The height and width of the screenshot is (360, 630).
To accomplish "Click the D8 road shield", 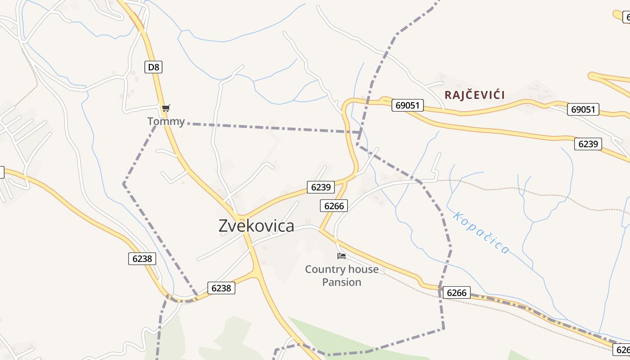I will click(153, 67).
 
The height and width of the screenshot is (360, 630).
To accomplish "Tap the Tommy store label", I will click(166, 121).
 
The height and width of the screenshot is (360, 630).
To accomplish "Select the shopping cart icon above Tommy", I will click(166, 108).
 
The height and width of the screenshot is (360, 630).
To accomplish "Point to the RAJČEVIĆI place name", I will click(475, 95).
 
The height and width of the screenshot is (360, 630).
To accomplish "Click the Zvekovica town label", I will click(256, 226).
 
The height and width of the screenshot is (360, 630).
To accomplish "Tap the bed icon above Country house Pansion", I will click(342, 256).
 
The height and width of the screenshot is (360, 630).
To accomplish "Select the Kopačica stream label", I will click(481, 233).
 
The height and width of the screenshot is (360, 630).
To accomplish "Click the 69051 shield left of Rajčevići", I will click(408, 105).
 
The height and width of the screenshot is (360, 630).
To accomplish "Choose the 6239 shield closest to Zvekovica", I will click(321, 187).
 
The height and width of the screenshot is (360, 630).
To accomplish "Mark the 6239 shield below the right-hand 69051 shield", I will click(588, 144).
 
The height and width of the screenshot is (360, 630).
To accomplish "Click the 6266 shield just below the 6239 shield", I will click(334, 206).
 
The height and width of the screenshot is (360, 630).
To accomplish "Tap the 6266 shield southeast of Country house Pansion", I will click(456, 293).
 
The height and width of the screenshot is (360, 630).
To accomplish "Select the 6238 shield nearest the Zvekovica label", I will click(221, 288).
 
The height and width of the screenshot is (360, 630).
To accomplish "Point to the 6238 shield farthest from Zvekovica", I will click(142, 259).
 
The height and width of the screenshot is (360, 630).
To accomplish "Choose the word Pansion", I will click(342, 282).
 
